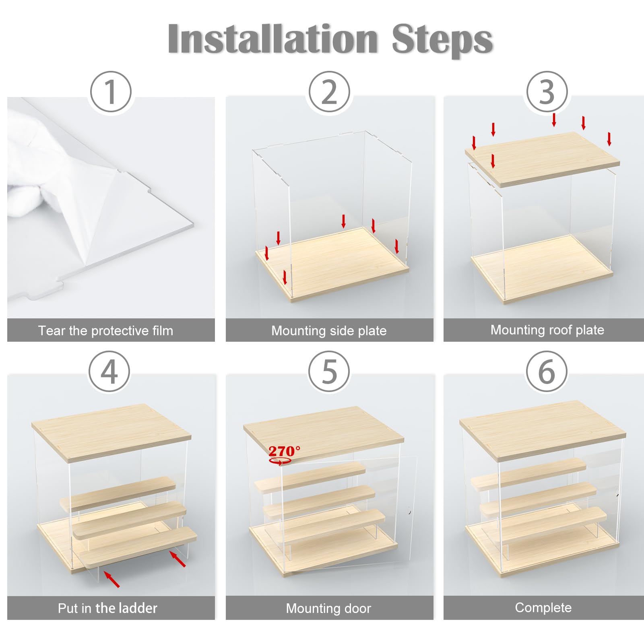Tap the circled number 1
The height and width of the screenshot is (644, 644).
coord(111,92)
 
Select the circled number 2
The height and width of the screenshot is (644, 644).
coord(329,92)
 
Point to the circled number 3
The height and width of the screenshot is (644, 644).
coord(547,92)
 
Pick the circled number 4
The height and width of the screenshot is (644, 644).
coord(109,372)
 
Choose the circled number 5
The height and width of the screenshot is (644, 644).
coord(329,372)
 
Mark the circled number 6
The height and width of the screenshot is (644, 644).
coord(547,372)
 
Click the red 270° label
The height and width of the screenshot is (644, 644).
coord(284,451)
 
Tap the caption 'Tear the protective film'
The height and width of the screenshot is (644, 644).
coord(105,330)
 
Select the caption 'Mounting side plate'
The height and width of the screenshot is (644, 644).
coord(329,330)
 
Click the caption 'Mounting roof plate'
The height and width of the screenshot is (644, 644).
coord(547,330)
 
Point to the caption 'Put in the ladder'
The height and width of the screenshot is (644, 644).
coord(107,608)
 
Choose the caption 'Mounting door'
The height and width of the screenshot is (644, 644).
coord(328,608)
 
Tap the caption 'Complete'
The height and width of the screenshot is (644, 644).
coord(543,607)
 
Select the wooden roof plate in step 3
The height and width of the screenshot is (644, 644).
coord(543,159)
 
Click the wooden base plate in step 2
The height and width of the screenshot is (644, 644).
coord(332,264)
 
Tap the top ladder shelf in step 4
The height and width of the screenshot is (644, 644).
coord(118,494)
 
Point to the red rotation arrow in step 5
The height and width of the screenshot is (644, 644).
coord(281,462)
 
